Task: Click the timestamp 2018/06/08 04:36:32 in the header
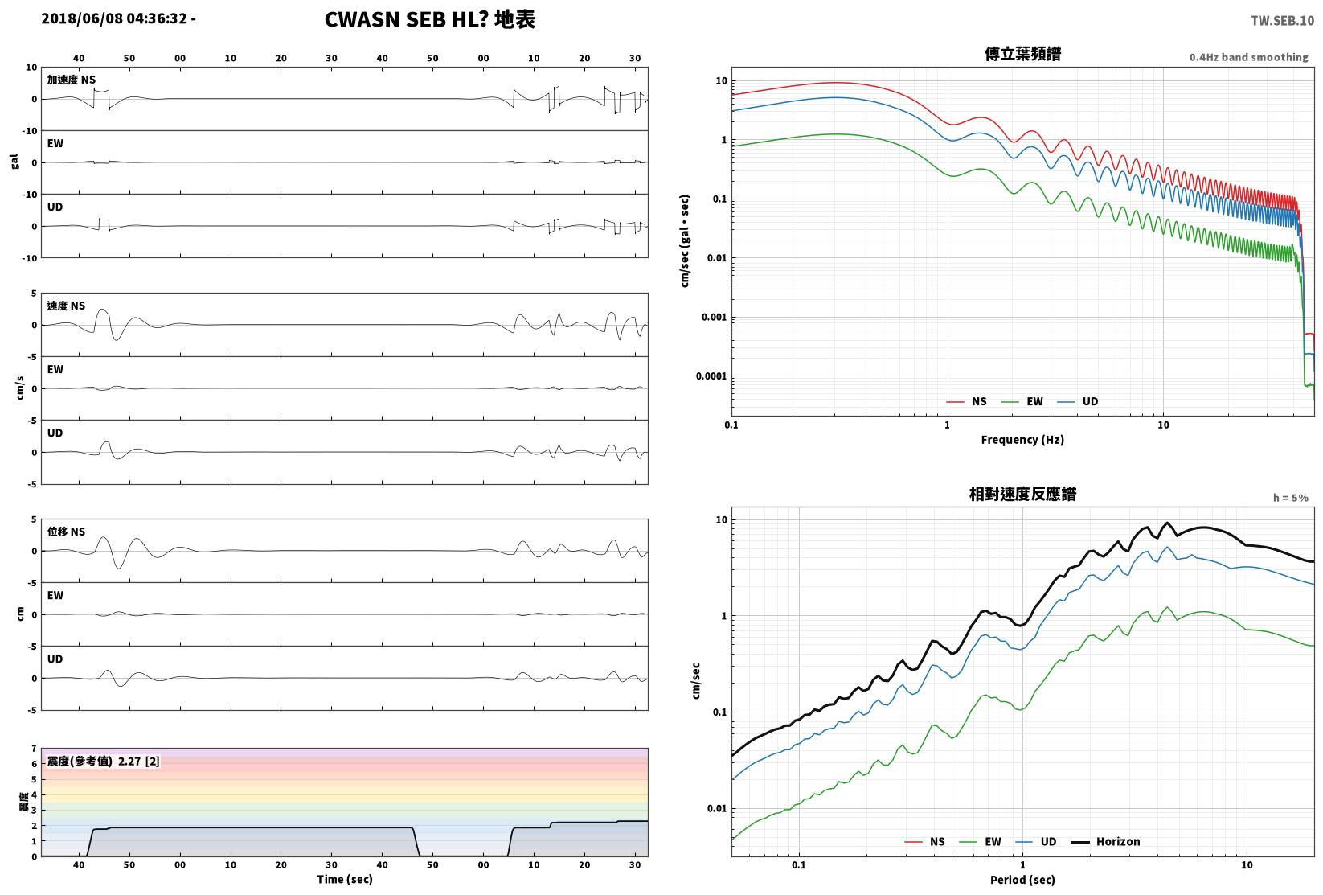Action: point(114,18)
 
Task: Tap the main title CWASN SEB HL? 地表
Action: point(429,19)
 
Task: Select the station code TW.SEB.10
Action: point(1282,21)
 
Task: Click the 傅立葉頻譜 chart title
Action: point(1022,54)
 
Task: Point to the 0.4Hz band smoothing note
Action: point(1248,57)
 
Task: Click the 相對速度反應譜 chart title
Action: point(1022,494)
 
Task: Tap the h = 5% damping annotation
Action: point(1291,498)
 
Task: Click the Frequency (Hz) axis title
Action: point(1022,440)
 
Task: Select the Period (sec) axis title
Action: point(1022,880)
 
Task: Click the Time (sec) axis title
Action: point(345,879)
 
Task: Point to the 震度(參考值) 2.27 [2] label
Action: point(104,761)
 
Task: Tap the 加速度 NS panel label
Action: point(72,80)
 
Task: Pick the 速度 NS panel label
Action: point(66,306)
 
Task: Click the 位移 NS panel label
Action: point(66,532)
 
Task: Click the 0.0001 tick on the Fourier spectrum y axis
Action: point(711,376)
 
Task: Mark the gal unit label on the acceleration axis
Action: point(14,162)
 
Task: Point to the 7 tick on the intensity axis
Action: point(35,749)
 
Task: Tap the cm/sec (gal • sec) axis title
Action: point(685,241)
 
